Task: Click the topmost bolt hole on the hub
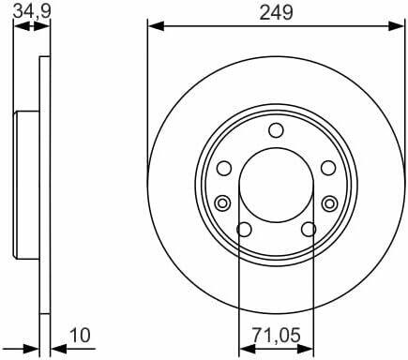tap(276, 131)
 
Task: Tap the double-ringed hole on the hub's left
tap(223, 202)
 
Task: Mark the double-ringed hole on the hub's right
tap(329, 202)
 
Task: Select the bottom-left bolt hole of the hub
tap(244, 230)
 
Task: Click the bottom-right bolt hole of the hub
tap(309, 230)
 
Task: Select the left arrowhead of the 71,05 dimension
tap(244, 349)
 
